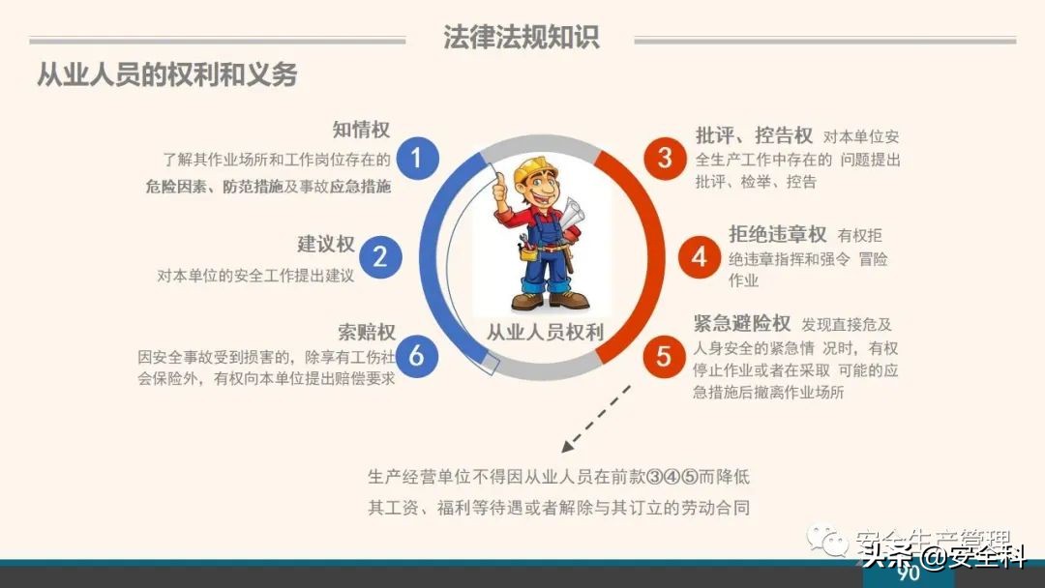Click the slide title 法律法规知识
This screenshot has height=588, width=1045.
click(x=522, y=37)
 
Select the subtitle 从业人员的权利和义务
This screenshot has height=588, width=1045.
click(x=166, y=74)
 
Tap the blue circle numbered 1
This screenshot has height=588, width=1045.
click(x=417, y=157)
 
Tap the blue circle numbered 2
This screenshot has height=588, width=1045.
click(x=380, y=256)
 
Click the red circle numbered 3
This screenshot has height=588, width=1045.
click(x=664, y=157)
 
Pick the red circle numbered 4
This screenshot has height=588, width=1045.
click(x=700, y=256)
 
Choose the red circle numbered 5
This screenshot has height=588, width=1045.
click(x=664, y=356)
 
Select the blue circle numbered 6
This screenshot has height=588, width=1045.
click(x=417, y=356)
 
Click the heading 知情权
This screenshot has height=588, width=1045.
click(x=361, y=131)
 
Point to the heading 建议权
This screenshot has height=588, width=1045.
click(x=326, y=245)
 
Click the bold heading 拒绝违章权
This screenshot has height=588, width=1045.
click(x=778, y=234)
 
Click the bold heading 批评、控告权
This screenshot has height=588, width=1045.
click(x=754, y=135)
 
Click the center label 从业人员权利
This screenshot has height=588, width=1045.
click(x=544, y=333)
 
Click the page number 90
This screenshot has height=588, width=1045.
click(x=908, y=573)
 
